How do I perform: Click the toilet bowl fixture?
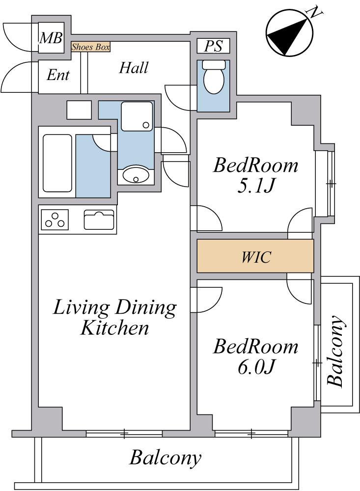[214, 77]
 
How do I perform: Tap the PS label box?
[213, 46]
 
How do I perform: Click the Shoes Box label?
[90, 47]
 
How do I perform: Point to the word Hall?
[134, 68]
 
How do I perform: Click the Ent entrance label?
[58, 75]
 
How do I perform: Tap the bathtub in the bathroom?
[57, 163]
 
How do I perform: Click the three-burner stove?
[55, 219]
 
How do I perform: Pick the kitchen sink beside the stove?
[99, 219]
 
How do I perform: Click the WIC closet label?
[256, 257]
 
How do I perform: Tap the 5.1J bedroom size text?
[256, 186]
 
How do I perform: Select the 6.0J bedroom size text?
[256, 367]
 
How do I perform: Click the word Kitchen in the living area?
[114, 328]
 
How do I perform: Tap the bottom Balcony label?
[165, 458]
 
